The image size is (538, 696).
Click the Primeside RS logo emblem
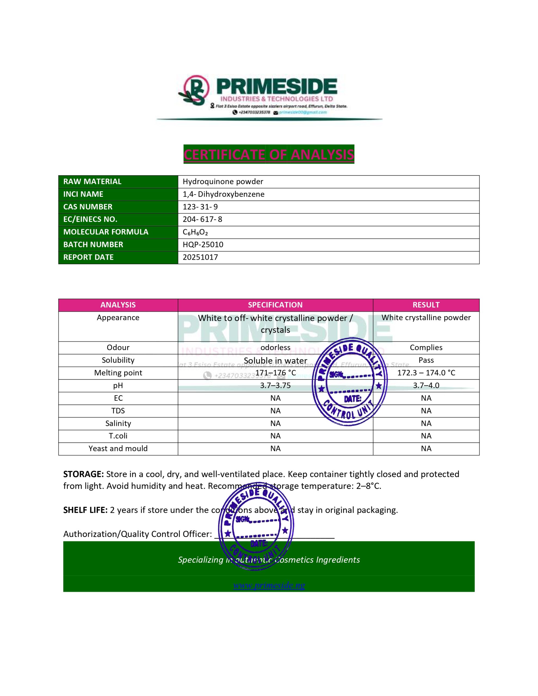coord(194,90)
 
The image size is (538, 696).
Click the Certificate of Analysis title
coord(268,154)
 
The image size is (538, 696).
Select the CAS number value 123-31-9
coord(200,207)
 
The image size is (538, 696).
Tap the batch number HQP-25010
coord(203,244)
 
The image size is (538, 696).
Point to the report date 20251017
coord(200,257)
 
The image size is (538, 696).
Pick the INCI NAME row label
coord(83,194)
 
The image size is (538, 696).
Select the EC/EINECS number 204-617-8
coord(202,219)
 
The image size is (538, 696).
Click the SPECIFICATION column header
coord(275,305)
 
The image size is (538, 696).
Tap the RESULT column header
coord(426,305)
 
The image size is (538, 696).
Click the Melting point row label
coord(118,372)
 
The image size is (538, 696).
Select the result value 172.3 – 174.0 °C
coord(426,372)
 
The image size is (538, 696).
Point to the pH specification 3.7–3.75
coord(275,385)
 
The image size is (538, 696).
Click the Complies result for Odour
coord(426,347)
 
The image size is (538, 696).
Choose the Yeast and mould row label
coord(118,448)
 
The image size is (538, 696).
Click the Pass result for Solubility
coord(426,360)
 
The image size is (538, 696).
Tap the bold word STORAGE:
coord(83,474)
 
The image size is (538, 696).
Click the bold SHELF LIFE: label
coord(85,510)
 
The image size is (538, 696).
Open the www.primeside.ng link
coord(269,585)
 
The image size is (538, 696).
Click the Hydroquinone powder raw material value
coord(223,181)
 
